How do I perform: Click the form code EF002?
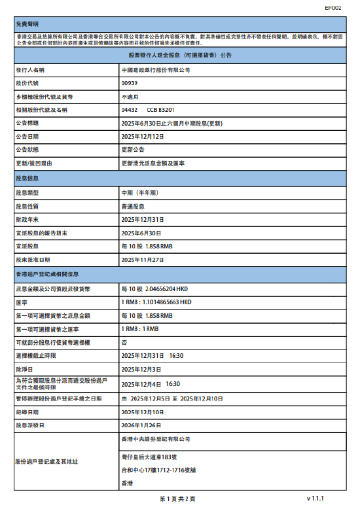pos(333,9)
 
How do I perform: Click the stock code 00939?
pos(130,82)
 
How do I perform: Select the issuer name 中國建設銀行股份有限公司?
pos(156,69)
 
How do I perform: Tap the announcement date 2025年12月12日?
pos(143,136)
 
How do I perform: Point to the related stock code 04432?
pos(130,109)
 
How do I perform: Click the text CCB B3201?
pos(160,109)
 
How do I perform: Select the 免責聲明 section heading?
pos(28,24)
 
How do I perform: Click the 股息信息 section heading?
pos(28,178)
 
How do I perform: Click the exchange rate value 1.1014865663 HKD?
pos(156,302)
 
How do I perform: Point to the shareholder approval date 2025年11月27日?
pos(143,260)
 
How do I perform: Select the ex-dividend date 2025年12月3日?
pos(141,370)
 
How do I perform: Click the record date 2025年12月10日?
pos(143,413)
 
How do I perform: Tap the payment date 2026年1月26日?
pos(141,425)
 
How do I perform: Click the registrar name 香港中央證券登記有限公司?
pos(156,439)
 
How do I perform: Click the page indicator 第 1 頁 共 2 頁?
pos(177,499)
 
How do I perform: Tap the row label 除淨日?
pos(26,370)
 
